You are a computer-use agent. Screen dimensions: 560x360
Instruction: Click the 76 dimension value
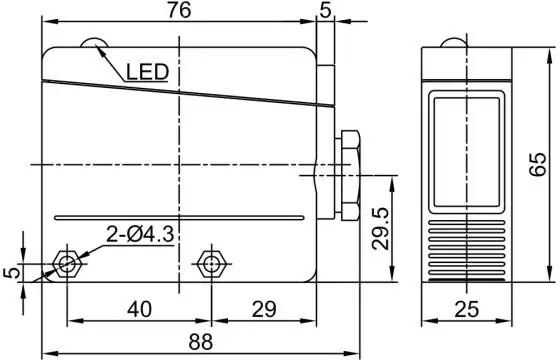click(180, 10)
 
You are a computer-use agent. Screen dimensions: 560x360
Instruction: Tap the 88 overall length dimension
click(201, 341)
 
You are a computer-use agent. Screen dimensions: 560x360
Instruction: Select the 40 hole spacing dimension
click(139, 309)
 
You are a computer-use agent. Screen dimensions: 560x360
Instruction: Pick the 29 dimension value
click(264, 309)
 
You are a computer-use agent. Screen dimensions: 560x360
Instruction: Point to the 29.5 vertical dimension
click(379, 228)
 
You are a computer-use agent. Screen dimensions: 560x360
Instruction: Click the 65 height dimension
click(538, 164)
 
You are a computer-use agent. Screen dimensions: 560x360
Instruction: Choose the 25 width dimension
click(466, 309)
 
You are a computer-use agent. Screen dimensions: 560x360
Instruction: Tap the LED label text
click(147, 72)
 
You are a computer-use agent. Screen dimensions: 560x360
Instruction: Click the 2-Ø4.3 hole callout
click(140, 235)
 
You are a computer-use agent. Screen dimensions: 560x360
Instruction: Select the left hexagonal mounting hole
click(67, 264)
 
